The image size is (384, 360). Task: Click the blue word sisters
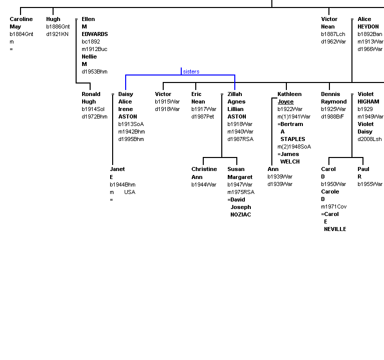tap(191, 71)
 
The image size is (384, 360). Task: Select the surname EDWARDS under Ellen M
tap(95, 34)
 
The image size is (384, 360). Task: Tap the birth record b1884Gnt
tap(22, 34)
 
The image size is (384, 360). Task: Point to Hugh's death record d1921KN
tap(57, 34)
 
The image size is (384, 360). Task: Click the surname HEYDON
tap(368, 26)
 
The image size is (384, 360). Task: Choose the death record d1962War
tap(333, 41)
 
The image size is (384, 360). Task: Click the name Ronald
tap(91, 94)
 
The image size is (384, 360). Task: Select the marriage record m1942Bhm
tap(132, 131)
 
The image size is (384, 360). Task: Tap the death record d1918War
tap(167, 109)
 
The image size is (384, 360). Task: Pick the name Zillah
tap(235, 94)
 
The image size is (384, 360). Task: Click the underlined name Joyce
tap(285, 101)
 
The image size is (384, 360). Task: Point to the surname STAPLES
tap(293, 139)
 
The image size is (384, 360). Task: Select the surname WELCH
tap(290, 161)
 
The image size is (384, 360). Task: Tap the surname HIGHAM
tap(368, 101)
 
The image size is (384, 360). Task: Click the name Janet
tap(117, 169)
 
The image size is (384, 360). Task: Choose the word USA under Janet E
tap(130, 192)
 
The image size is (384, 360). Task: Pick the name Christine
tap(204, 169)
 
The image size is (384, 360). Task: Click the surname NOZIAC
tap(241, 214)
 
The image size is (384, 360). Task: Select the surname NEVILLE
tap(335, 229)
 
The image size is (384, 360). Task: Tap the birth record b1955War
tap(370, 184)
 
